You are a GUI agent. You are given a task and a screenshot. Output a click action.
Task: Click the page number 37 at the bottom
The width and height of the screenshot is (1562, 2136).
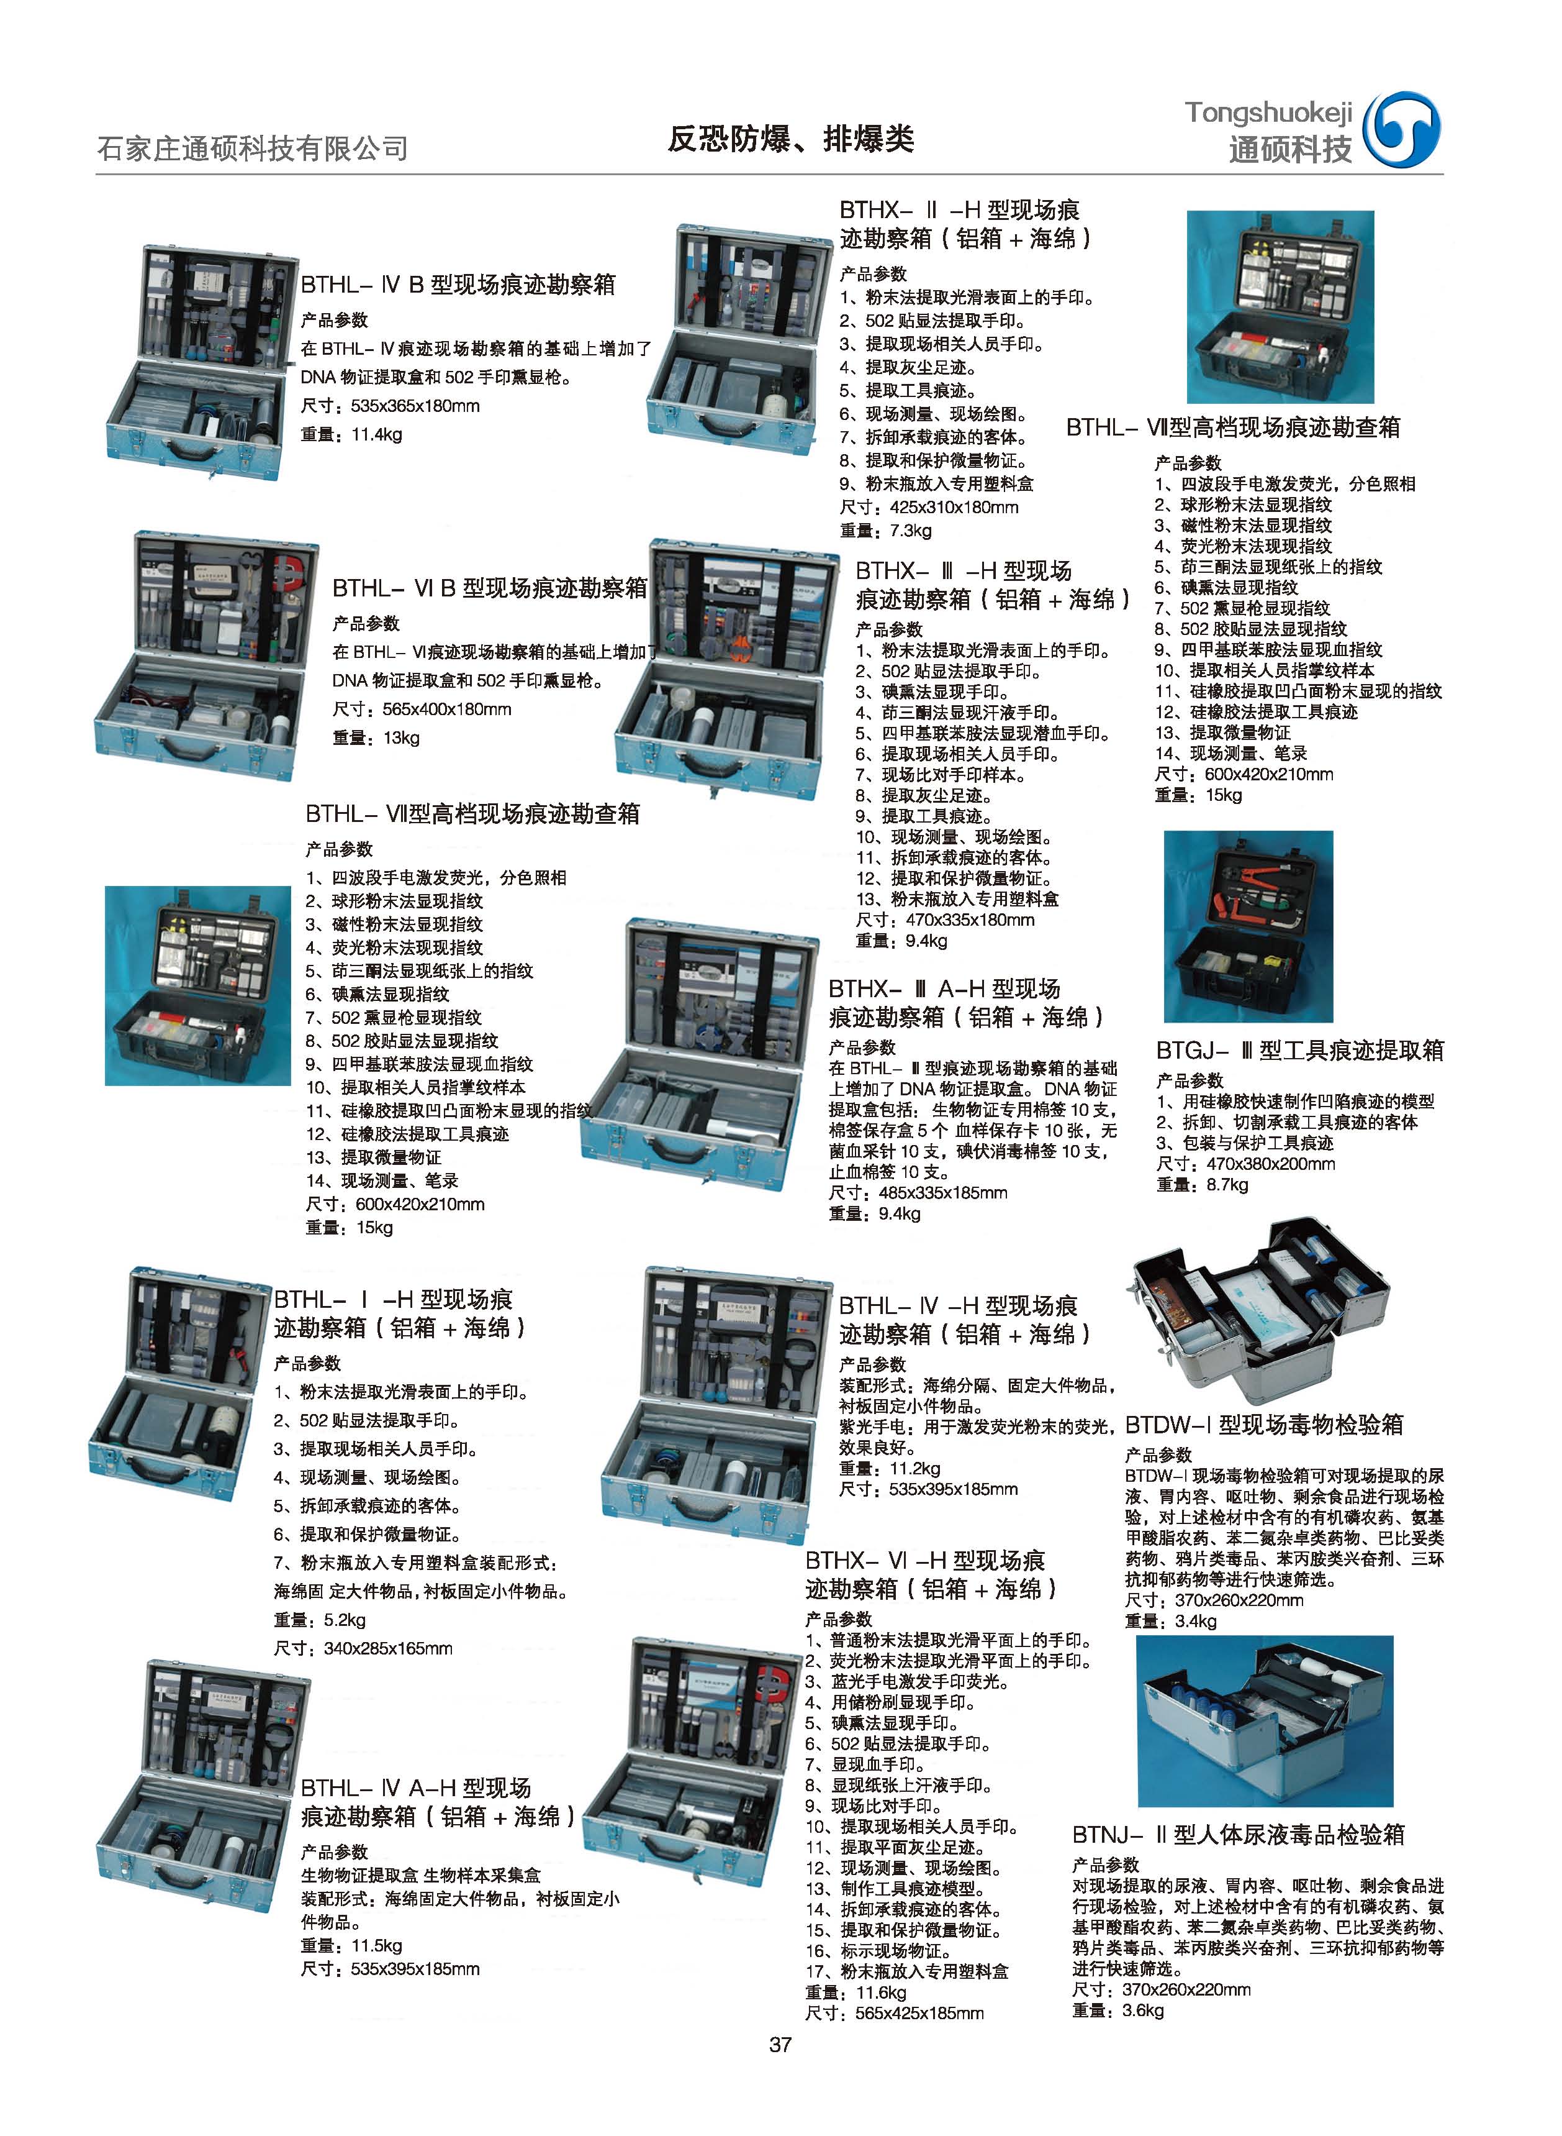coord(780,2044)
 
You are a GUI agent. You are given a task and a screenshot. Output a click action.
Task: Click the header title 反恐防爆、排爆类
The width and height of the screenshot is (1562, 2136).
coord(790,139)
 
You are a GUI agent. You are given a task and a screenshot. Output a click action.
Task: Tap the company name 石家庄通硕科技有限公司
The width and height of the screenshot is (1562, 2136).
coord(253,148)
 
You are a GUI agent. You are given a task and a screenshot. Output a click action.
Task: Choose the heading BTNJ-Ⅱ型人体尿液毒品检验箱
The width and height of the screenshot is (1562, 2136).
coord(1239,1834)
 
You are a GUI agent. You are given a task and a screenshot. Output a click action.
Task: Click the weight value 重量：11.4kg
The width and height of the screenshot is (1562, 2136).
coord(351,435)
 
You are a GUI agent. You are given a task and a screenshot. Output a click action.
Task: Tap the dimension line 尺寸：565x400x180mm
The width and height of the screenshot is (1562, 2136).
coord(422,710)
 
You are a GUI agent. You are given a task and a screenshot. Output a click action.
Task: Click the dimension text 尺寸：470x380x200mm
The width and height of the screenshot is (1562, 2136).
coord(1245,1164)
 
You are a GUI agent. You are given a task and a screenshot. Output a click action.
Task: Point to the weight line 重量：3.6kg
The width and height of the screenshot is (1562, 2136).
coord(1117,2010)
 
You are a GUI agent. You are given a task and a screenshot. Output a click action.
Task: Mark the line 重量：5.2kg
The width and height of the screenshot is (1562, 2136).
coord(320,1620)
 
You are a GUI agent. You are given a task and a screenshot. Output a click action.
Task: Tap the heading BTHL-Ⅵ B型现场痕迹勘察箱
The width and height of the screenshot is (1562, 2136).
coord(490,588)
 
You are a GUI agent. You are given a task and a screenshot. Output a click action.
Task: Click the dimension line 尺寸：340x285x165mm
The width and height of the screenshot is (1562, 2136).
coord(363,1648)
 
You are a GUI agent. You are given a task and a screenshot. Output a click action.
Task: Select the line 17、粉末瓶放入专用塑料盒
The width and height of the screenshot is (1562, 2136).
coord(907,1971)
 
